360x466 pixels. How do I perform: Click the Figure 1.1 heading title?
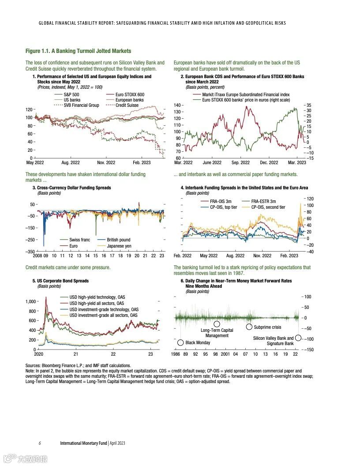pyautogui.click(x=78, y=51)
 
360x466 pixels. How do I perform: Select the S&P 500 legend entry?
pyautogui.click(x=71, y=94)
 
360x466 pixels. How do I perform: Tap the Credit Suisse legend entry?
pyautogui.click(x=127, y=105)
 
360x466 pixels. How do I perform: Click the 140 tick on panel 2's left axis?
pyautogui.click(x=177, y=105)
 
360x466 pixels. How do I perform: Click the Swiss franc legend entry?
pyautogui.click(x=79, y=240)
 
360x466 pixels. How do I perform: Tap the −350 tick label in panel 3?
pyautogui.click(x=30, y=251)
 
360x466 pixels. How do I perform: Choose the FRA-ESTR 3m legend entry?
pyautogui.click(x=263, y=201)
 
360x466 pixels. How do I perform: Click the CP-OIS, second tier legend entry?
pyautogui.click(x=268, y=207)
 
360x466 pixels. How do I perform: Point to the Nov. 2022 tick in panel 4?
pyautogui.click(x=262, y=256)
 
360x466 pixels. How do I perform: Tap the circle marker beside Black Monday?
pyautogui.click(x=180, y=342)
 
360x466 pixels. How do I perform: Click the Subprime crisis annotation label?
pyautogui.click(x=267, y=327)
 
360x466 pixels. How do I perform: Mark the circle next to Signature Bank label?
pyautogui.click(x=298, y=338)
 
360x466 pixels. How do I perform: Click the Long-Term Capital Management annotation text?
pyautogui.click(x=217, y=333)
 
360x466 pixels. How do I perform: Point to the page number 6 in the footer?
pyautogui.click(x=40, y=443)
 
